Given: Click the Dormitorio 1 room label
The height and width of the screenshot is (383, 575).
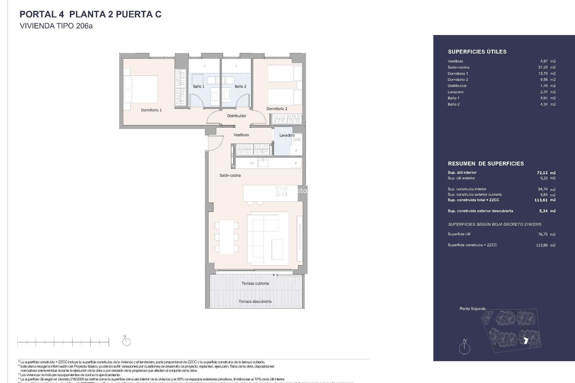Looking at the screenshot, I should (151, 110).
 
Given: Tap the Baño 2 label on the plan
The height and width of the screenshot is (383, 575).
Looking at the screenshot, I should (240, 86).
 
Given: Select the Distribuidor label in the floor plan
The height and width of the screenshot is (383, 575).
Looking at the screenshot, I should (237, 116).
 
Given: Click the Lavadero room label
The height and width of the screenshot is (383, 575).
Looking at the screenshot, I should (287, 135).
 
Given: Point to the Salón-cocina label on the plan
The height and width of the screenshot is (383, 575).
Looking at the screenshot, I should (230, 175).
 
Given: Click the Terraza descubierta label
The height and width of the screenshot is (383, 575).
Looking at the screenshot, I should (255, 301).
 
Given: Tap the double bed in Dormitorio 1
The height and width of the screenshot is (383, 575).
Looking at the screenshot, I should (141, 89).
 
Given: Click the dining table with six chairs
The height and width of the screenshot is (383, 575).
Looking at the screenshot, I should (226, 237).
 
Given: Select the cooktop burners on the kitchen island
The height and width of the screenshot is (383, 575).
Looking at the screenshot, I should (281, 191).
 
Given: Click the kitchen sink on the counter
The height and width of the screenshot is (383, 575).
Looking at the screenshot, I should (263, 163).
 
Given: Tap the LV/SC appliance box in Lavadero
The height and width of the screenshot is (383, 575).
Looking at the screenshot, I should (297, 139).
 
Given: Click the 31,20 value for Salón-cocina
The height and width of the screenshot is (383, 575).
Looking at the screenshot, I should (543, 67).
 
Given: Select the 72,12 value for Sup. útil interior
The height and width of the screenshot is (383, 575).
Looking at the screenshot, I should (542, 173).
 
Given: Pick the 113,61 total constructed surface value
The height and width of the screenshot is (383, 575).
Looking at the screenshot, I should (541, 200).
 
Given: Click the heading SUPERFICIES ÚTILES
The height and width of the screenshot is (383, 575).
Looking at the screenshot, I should (477, 52).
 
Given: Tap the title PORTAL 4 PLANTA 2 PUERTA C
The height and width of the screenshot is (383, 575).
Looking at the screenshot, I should (90, 14).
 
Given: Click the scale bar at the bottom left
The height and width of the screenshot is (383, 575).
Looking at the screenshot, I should (63, 342).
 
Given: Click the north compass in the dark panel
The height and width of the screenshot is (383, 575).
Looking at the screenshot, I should (464, 348).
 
